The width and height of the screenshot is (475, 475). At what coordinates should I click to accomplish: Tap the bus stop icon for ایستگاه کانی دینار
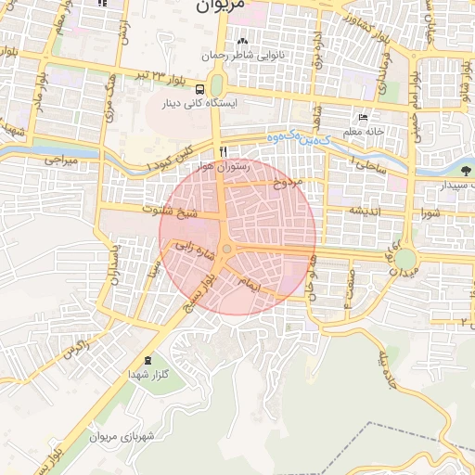[201, 88]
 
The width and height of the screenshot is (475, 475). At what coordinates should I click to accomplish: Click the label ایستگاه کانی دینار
[202, 104]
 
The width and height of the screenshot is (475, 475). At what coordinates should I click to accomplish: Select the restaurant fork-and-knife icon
[223, 152]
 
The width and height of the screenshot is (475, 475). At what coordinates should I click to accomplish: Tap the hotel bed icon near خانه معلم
[363, 118]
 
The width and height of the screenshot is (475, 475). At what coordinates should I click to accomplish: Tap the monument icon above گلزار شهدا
[148, 360]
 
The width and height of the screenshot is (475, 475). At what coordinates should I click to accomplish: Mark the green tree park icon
[462, 171]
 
